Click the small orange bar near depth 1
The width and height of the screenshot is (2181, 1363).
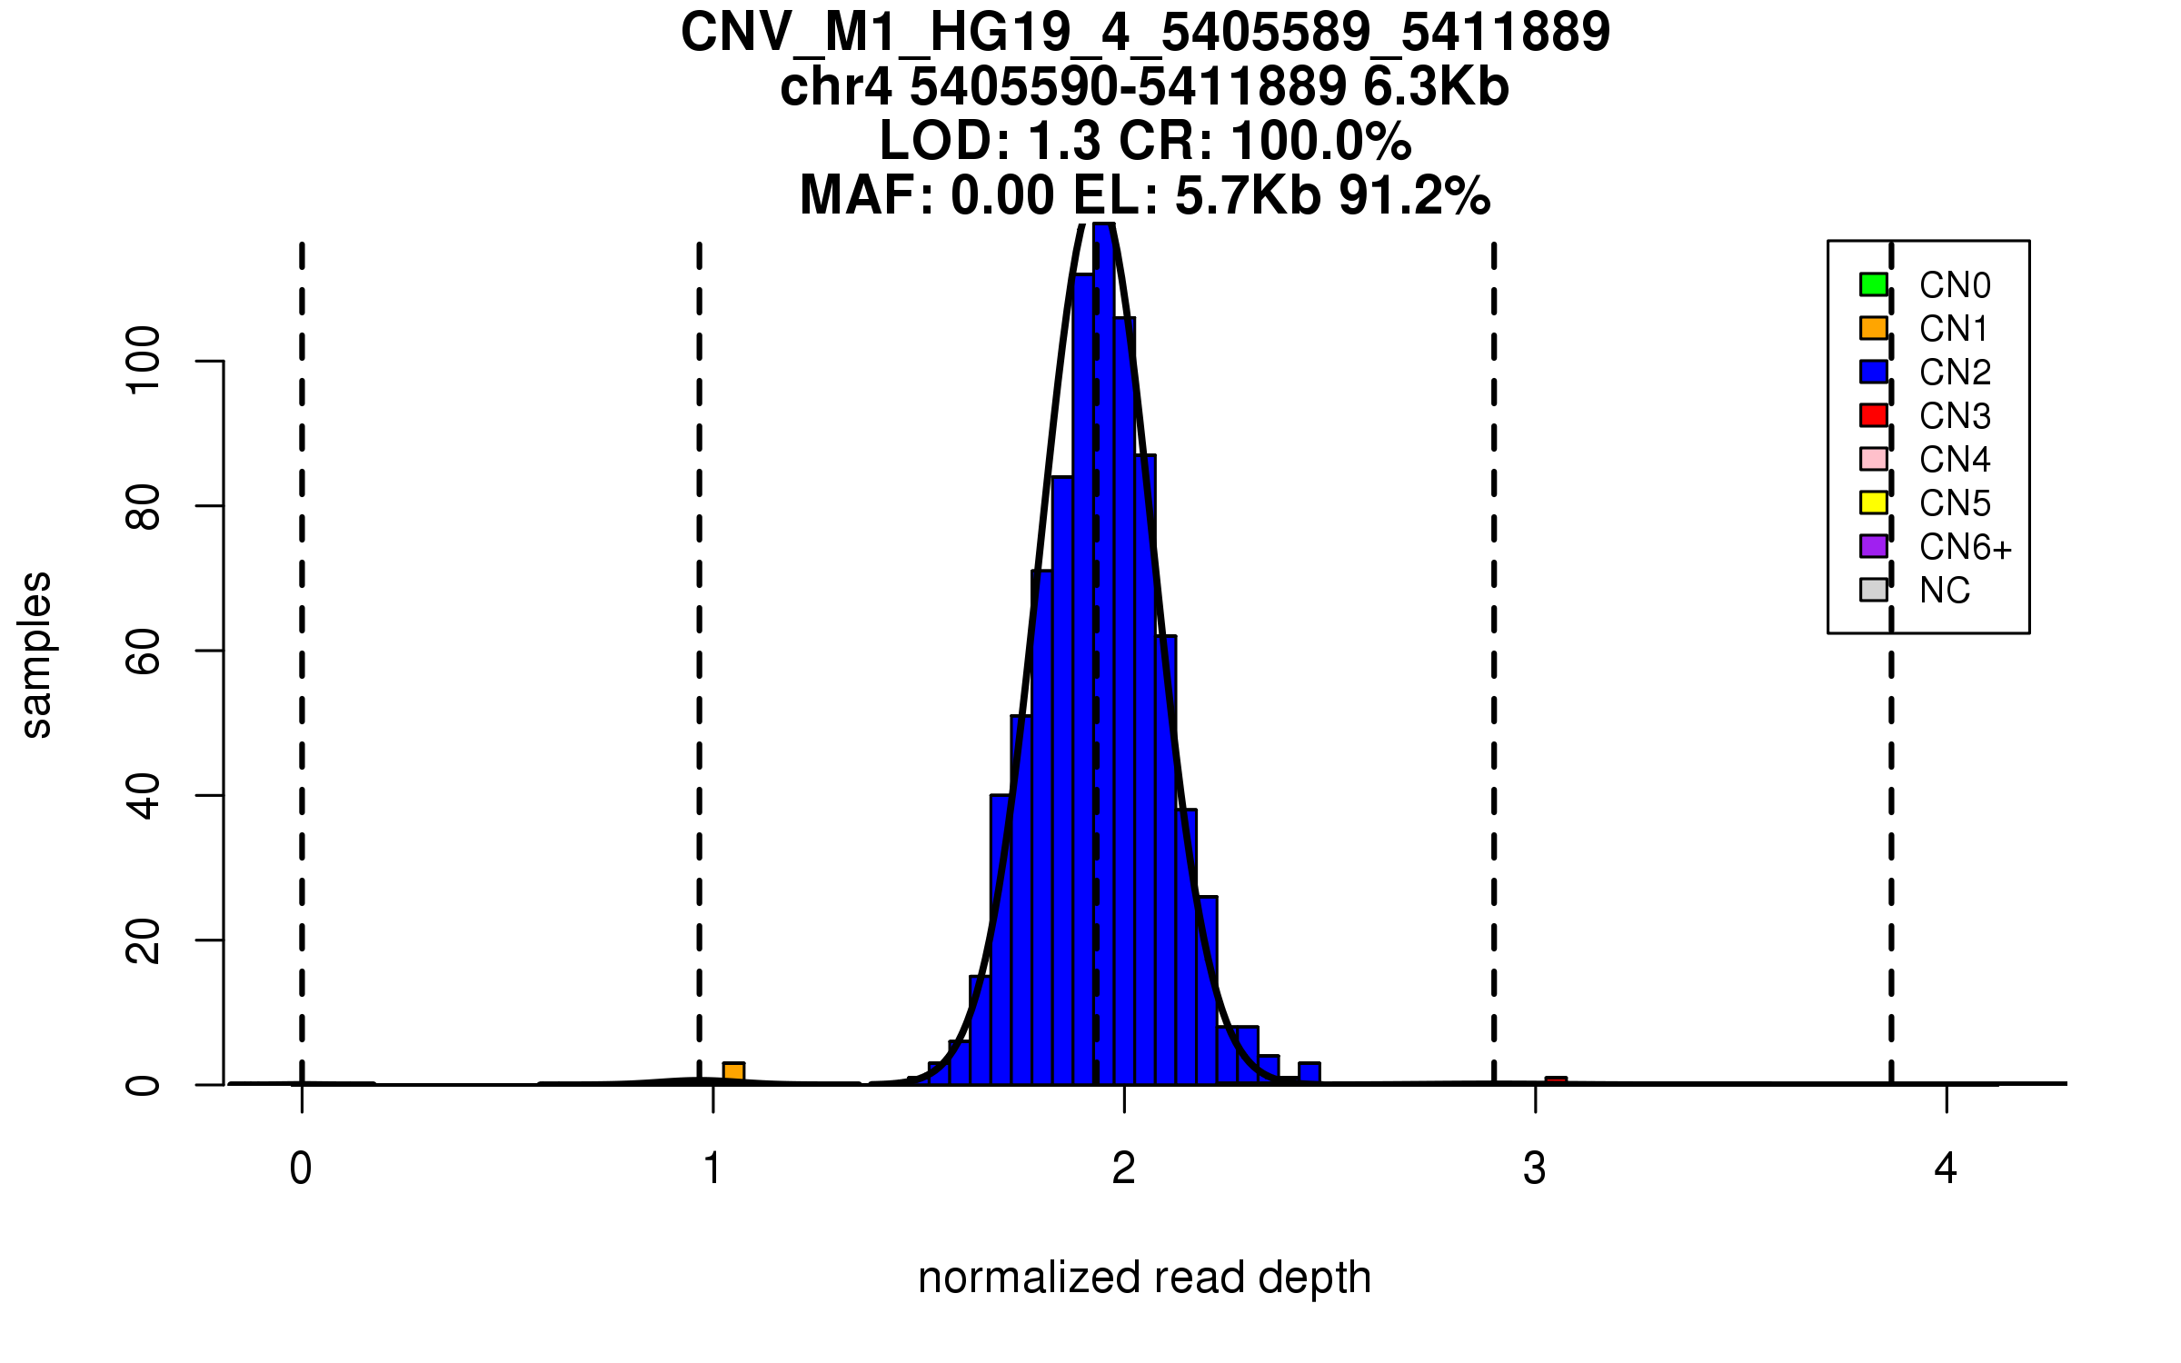coord(733,1073)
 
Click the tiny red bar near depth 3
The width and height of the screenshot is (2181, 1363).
coord(1556,1080)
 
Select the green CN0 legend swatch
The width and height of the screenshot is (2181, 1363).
coord(1873,284)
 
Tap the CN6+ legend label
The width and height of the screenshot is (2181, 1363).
coord(1965,547)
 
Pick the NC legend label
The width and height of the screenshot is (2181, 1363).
coord(1944,591)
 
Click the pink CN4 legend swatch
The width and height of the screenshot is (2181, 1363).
coord(1873,459)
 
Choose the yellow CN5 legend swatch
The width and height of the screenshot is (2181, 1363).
coord(1873,502)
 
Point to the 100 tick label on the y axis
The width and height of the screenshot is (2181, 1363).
coord(144,361)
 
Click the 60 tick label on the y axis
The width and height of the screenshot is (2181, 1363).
coord(144,651)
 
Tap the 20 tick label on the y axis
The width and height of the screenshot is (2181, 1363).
coord(144,940)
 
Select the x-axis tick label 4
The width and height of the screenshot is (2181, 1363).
coord(1946,1169)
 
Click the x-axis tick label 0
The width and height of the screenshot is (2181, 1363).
coord(301,1169)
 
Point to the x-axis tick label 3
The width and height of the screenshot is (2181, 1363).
coord(1535,1169)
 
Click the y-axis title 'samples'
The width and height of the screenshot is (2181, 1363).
coord(36,654)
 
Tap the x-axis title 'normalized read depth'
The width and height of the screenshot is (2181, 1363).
coord(1144,1278)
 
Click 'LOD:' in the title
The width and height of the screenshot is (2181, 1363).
coord(945,142)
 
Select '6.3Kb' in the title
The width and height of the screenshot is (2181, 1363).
coord(1436,87)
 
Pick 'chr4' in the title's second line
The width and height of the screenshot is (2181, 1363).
coord(836,87)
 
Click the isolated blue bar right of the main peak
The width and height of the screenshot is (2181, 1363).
coord(1309,1072)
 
